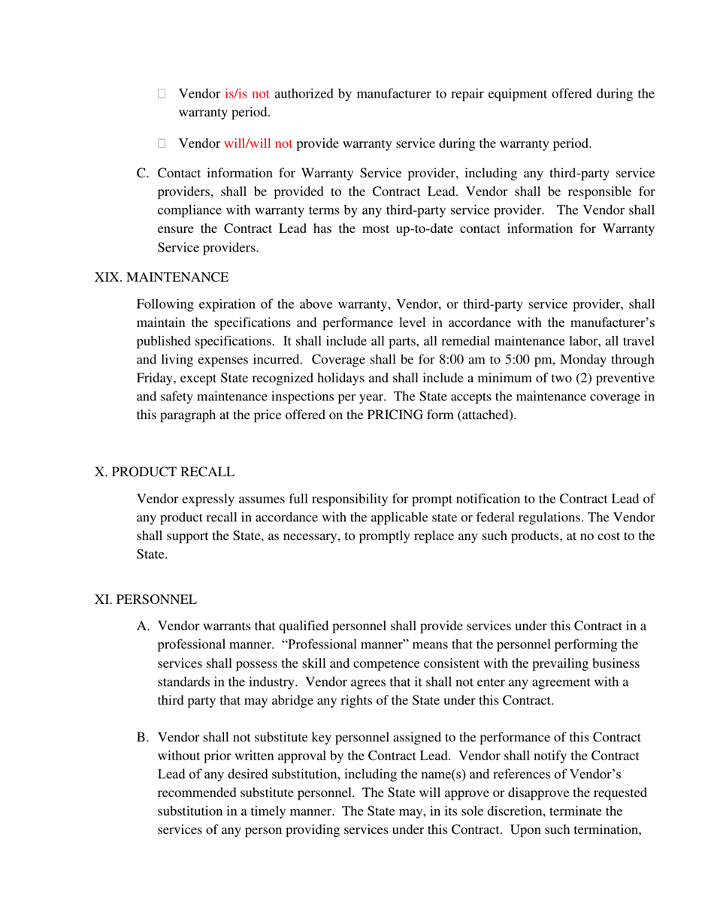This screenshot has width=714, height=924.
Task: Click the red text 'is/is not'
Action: pyautogui.click(x=247, y=95)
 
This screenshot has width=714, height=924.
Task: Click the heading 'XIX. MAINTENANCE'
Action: pyautogui.click(x=162, y=277)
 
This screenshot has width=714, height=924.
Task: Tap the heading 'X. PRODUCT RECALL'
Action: pyautogui.click(x=165, y=472)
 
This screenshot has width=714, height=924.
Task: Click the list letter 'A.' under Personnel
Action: pyautogui.click(x=143, y=626)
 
